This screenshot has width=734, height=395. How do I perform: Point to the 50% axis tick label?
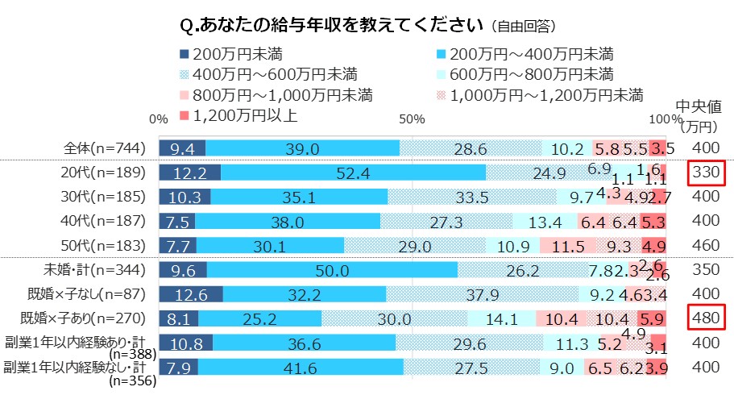tap(412, 119)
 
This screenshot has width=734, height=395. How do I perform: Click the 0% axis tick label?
tap(159, 119)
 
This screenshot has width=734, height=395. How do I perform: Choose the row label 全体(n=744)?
tap(105, 148)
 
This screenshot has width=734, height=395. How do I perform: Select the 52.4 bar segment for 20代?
tap(353, 173)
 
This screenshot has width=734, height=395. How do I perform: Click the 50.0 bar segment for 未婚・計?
tap(332, 271)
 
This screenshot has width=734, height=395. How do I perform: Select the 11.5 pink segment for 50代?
tap(568, 246)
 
